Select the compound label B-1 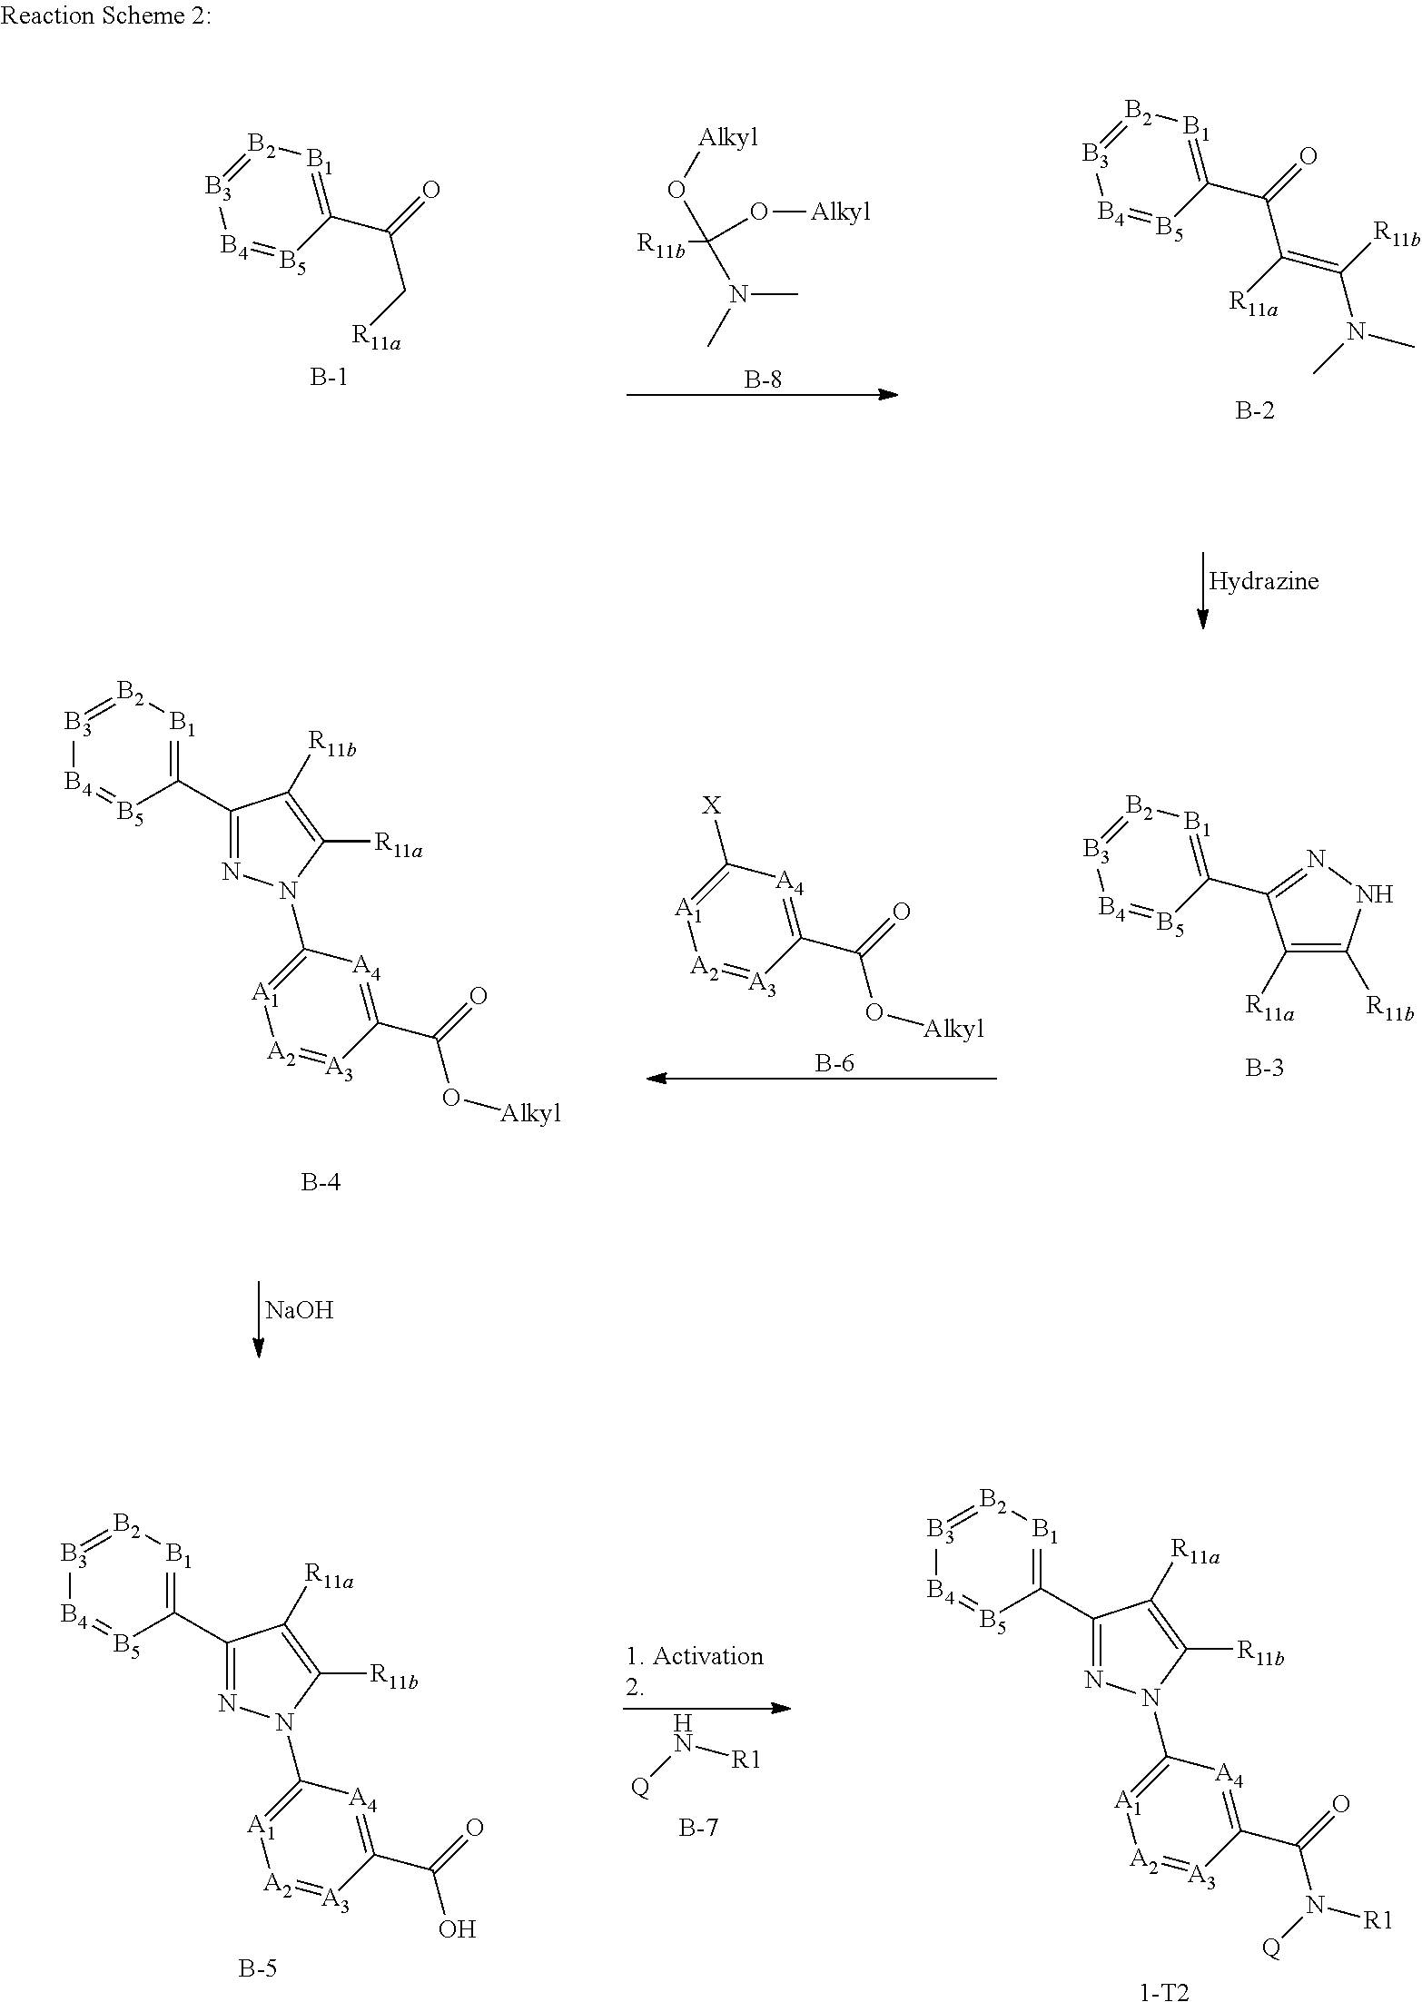[x=329, y=377]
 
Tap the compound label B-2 [x=1255, y=410]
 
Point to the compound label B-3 [x=1264, y=1068]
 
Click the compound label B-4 [x=321, y=1182]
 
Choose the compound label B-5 [x=257, y=1967]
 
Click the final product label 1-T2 [x=1163, y=1992]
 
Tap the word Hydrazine [x=1263, y=582]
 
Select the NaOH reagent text [x=299, y=1309]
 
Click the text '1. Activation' [x=695, y=1656]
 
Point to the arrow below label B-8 [x=762, y=395]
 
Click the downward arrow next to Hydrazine [x=1203, y=590]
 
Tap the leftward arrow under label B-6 [x=821, y=1079]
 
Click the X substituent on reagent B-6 [x=712, y=805]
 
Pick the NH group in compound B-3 [x=1373, y=894]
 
